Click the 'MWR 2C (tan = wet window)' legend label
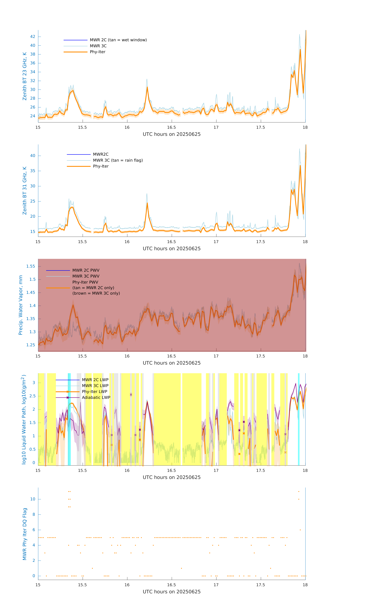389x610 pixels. [x=118, y=40]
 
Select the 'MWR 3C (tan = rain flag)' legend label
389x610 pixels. [x=118, y=160]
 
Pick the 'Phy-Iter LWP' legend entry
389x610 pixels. [x=94, y=392]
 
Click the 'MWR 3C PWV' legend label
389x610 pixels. [x=86, y=276]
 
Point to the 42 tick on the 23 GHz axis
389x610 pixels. [x=33, y=37]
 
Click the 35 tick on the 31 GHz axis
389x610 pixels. [x=33, y=171]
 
